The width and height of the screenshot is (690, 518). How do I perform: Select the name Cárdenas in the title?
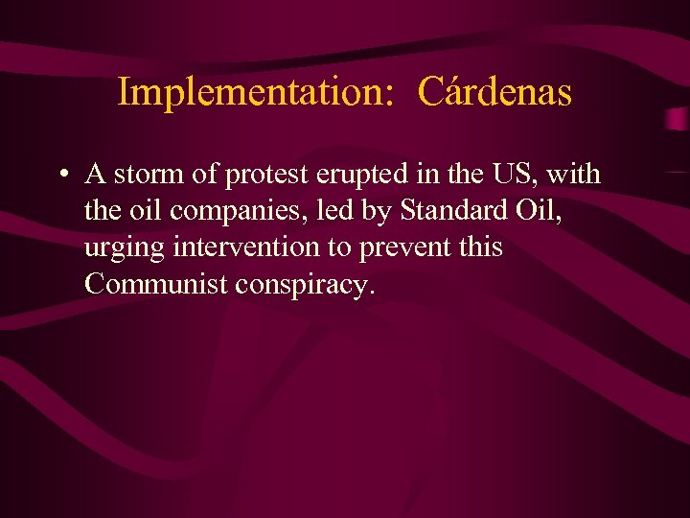coord(495,93)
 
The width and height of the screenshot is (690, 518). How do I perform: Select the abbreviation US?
coord(514,175)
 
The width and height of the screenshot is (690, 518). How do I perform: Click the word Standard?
coord(445,211)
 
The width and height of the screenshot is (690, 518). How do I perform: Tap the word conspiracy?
coord(312,285)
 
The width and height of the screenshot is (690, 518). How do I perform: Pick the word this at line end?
coord(480,247)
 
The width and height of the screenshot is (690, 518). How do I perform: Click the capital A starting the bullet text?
coord(95,175)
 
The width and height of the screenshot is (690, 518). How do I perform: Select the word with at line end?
coord(575,175)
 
